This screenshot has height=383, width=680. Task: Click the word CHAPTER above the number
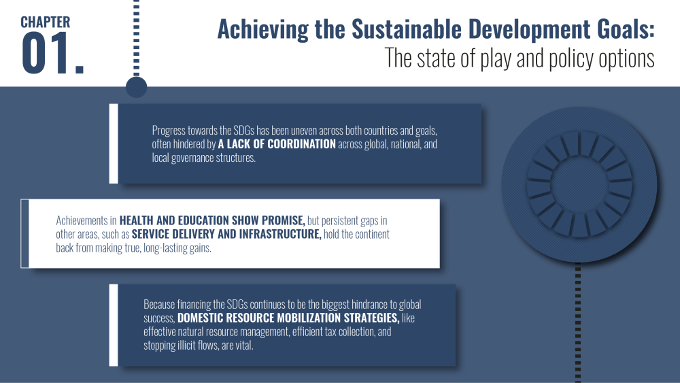coord(45,22)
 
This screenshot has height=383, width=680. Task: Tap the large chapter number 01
coord(52,54)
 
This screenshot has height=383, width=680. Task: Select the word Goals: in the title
coord(625,29)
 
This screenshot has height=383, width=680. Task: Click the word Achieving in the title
coord(262,29)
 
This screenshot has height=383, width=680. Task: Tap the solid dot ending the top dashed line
coord(136,87)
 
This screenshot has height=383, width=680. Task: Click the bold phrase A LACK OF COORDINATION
coord(277,144)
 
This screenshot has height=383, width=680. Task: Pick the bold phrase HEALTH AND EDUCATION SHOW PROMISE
coord(212,220)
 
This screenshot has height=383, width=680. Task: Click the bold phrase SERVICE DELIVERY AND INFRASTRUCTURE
coord(226,234)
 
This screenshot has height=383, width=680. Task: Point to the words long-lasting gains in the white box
coord(177,248)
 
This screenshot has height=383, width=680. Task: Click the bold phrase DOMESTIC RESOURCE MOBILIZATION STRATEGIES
coord(288,318)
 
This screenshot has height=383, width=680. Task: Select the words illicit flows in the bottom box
coord(197,346)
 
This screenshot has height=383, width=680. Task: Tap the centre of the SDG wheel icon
coord(579,184)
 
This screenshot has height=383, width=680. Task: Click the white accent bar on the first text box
coord(114,144)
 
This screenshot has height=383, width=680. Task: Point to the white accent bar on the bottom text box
coord(114,325)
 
